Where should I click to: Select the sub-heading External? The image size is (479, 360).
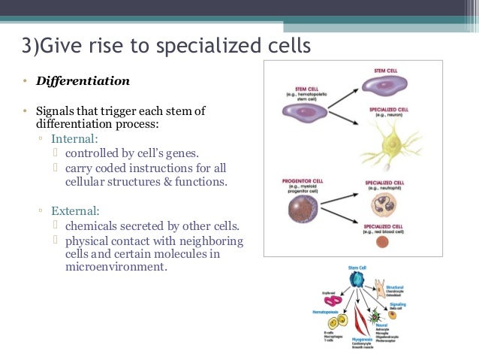coord(75,210)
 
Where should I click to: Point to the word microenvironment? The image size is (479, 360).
coord(116,267)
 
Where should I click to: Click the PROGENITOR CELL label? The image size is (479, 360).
coord(302,181)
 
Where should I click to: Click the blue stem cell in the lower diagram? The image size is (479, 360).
coord(357,280)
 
